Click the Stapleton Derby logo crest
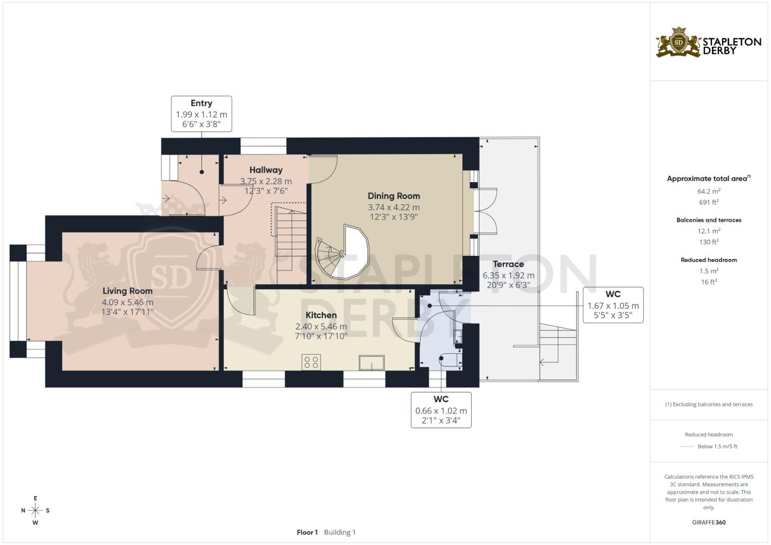(x=678, y=42)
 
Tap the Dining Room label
(x=393, y=196)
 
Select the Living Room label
(x=127, y=291)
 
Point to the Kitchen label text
(x=321, y=315)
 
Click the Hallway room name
(x=266, y=170)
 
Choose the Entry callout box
(x=201, y=114)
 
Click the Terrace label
(x=508, y=264)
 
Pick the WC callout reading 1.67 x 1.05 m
(x=613, y=305)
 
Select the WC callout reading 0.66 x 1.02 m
(x=441, y=410)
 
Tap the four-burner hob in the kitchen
(x=311, y=362)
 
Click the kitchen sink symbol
(x=372, y=362)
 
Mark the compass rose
(x=35, y=510)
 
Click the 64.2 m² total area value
(x=708, y=191)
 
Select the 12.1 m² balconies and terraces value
(x=708, y=231)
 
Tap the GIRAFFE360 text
(x=708, y=522)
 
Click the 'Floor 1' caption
(x=307, y=532)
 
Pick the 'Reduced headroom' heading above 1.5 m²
(x=708, y=260)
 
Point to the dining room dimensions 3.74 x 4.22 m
(x=393, y=207)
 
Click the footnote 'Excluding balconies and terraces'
(x=709, y=404)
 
